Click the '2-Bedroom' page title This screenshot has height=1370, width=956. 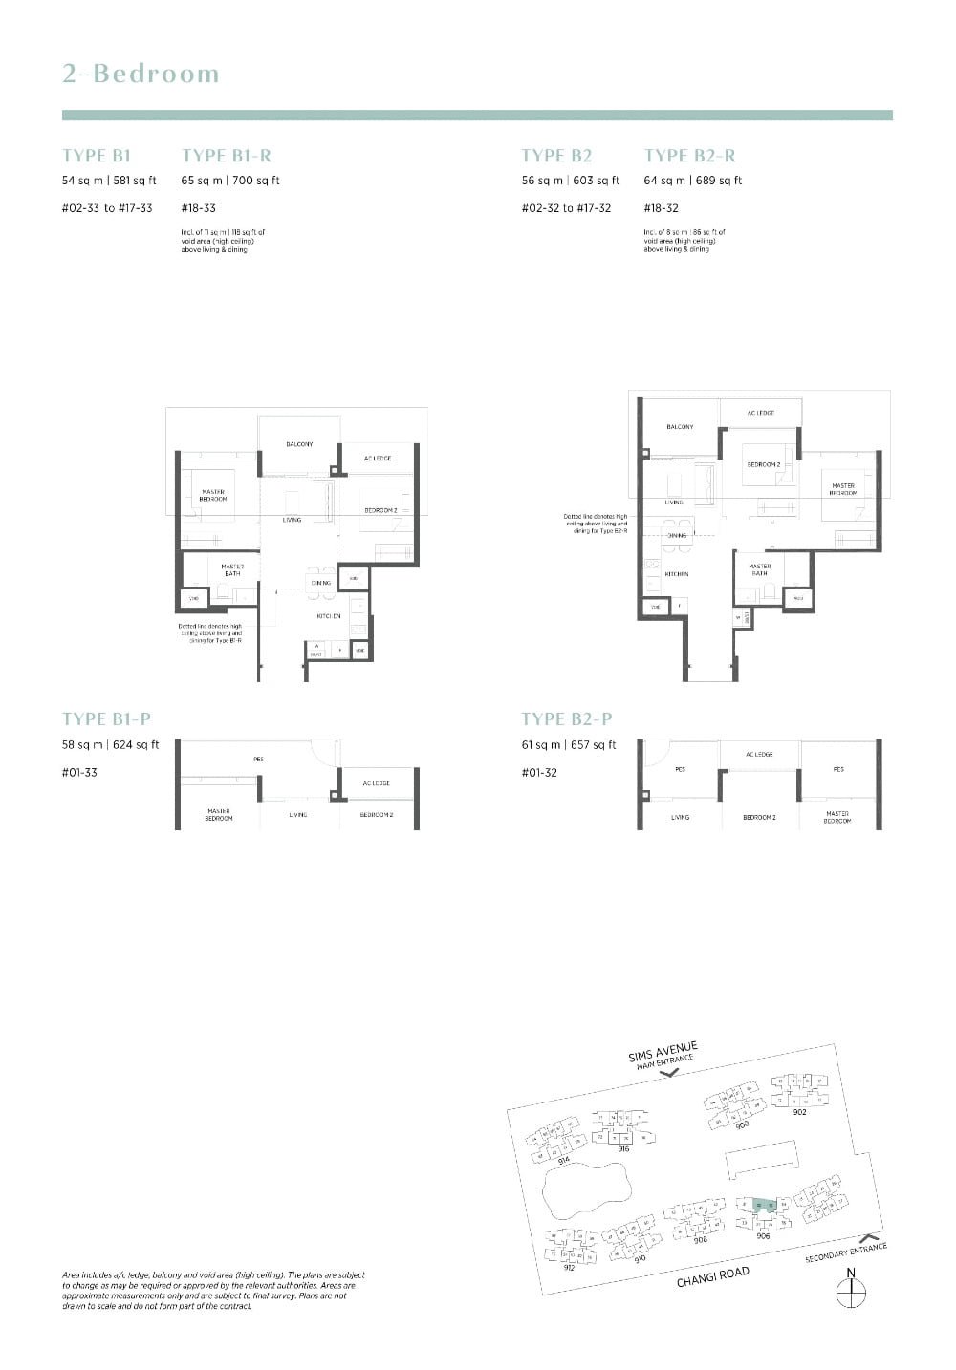click(x=141, y=74)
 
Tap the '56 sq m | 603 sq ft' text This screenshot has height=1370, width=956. click(x=571, y=180)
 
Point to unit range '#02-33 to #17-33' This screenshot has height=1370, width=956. click(x=107, y=208)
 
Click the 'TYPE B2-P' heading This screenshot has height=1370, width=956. click(x=566, y=718)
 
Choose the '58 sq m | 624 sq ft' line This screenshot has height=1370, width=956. click(x=111, y=744)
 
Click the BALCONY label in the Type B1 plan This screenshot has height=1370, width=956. click(x=299, y=444)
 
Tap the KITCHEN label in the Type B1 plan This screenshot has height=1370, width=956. click(x=329, y=616)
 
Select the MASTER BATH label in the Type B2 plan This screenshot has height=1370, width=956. click(x=759, y=569)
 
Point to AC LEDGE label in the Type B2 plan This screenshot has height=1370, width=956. click(x=760, y=413)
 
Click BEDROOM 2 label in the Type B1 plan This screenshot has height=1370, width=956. click(x=380, y=510)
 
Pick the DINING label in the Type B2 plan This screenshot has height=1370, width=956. click(x=677, y=536)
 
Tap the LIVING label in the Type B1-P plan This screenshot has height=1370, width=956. click(x=298, y=814)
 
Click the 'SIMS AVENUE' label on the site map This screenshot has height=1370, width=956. click(x=663, y=1052)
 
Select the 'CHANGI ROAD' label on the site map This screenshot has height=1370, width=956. click(x=713, y=1277)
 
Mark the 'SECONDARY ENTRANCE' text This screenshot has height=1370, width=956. click(x=846, y=1252)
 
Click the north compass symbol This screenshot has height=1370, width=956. click(x=850, y=1291)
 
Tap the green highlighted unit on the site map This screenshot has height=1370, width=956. click(x=762, y=1206)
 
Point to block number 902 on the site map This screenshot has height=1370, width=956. click(x=799, y=1111)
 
